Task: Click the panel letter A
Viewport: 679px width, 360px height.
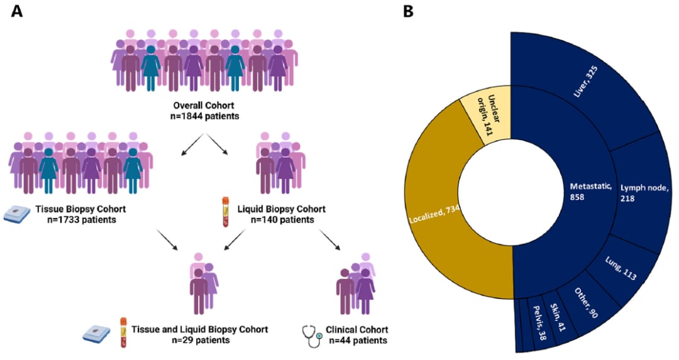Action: pyautogui.click(x=17, y=12)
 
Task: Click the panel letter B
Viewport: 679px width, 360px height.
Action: pyautogui.click(x=408, y=12)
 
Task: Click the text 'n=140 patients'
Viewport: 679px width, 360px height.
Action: pyautogui.click(x=282, y=220)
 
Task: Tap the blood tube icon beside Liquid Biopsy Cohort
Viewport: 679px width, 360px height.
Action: pyautogui.click(x=223, y=211)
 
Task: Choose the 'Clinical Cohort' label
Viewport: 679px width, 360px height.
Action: pyautogui.click(x=356, y=329)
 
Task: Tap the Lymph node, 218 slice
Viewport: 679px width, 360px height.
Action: pyautogui.click(x=641, y=192)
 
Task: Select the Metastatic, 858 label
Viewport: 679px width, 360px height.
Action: pyautogui.click(x=588, y=192)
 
